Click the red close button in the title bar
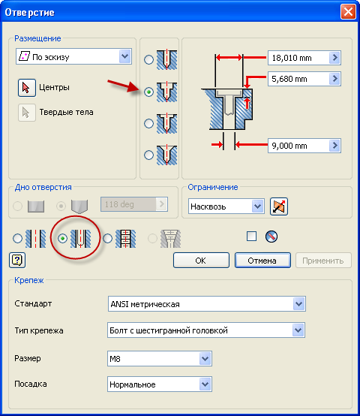[348, 12]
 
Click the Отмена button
[262, 261]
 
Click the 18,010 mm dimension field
[298, 58]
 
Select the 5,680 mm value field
[298, 79]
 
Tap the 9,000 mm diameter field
[298, 146]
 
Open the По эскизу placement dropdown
[73, 56]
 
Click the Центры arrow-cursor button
[27, 88]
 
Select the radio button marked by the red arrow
[148, 92]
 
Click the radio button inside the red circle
[62, 239]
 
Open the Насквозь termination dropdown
[226, 206]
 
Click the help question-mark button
[17, 261]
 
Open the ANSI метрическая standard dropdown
[206, 304]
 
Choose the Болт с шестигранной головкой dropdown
[206, 330]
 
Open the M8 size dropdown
[160, 359]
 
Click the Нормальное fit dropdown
[160, 384]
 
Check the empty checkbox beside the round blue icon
[251, 236]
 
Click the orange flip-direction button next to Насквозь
[279, 206]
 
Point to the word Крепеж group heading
[29, 280]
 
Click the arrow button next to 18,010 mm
[334, 58]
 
